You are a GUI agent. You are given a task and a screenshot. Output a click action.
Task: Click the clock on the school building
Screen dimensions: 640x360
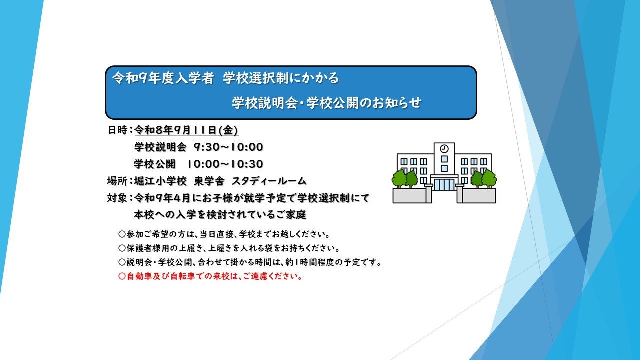444,149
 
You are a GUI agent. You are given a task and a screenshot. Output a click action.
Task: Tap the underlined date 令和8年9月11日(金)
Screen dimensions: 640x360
186,130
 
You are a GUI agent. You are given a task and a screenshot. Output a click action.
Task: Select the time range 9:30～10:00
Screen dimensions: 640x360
228,147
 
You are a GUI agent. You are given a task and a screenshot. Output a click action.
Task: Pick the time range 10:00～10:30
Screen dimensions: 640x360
225,164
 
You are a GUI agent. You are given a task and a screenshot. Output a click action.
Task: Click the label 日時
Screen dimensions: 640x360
117,130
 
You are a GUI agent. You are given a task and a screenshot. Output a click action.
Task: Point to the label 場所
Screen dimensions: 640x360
117,181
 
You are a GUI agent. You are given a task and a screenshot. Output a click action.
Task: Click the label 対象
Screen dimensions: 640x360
117,198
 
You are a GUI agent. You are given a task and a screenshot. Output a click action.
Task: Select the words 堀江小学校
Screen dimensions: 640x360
160,181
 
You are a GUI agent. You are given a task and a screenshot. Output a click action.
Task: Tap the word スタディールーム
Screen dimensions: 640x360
269,181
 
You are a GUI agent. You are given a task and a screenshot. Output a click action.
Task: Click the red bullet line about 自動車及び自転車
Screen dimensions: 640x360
210,276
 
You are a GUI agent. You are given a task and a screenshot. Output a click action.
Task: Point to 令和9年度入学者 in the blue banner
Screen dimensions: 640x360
163,78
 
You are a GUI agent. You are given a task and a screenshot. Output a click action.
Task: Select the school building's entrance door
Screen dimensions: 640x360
444,184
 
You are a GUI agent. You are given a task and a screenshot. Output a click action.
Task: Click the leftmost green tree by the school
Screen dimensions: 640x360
399,179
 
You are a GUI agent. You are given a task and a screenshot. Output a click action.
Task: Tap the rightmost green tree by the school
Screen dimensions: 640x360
489,179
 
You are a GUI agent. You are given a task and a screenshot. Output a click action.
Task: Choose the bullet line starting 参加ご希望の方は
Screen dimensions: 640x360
224,234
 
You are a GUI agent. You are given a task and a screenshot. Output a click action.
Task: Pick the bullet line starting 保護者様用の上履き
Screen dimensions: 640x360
229,248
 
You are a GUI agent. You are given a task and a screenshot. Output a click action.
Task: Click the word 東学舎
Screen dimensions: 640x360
209,181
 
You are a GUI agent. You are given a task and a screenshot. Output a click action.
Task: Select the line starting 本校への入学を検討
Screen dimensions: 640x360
220,215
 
